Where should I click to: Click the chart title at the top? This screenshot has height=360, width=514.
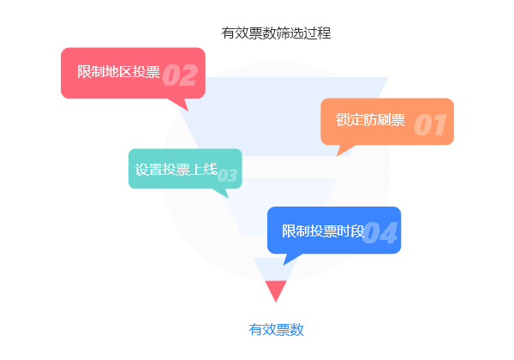[276, 33]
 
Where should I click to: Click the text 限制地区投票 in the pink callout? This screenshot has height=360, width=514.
[118, 72]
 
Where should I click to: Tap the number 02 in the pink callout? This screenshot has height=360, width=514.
[180, 75]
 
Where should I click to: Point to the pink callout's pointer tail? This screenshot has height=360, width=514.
[181, 104]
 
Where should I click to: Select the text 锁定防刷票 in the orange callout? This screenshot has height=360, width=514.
[370, 120]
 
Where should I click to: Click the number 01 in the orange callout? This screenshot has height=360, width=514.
[430, 125]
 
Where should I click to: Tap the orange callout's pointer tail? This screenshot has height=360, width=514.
[344, 149]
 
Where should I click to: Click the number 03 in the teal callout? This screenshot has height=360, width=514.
[227, 176]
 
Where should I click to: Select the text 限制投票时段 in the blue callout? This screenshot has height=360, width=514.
[323, 231]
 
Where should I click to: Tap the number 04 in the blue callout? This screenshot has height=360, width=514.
[380, 232]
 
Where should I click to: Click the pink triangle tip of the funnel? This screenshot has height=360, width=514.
[276, 290]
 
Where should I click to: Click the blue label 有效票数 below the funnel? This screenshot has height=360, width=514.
[276, 329]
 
